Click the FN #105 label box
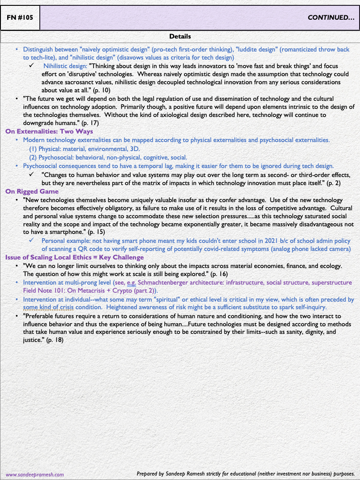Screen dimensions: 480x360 20,18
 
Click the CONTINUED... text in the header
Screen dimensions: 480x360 331,18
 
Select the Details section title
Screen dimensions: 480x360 180,36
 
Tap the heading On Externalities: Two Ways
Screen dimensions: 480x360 49,131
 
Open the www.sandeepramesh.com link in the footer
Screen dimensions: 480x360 34,474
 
